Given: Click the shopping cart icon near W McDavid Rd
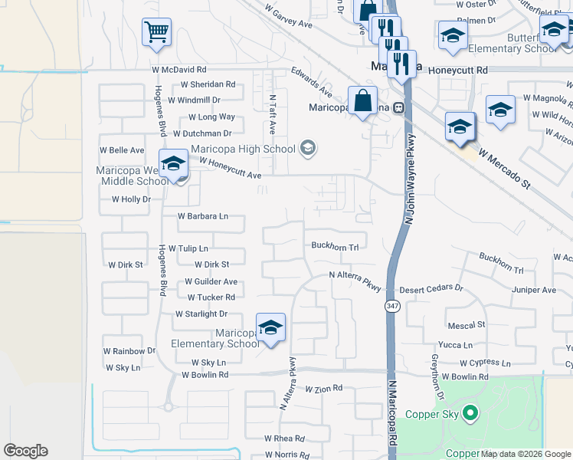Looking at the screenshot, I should [x=156, y=32].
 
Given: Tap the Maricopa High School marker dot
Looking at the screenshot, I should [x=308, y=148].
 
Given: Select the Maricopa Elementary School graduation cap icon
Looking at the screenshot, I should [x=270, y=327].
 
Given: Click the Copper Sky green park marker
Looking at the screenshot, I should [x=471, y=415].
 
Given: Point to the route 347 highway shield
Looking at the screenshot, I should [x=392, y=306].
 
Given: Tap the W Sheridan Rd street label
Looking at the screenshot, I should [x=208, y=84].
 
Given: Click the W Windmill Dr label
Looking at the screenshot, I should [x=194, y=100].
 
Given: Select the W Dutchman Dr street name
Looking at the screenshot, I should [x=205, y=133].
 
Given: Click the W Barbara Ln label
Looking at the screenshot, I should [x=203, y=216].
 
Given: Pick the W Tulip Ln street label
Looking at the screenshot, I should [x=188, y=248].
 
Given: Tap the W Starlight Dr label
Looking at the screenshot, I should [x=201, y=314].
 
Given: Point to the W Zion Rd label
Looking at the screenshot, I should [x=323, y=389].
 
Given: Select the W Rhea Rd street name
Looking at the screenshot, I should [x=284, y=439].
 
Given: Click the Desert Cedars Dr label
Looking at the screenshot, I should [x=432, y=289].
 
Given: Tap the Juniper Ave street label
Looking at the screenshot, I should [x=534, y=290].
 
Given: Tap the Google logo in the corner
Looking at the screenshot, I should [x=25, y=451].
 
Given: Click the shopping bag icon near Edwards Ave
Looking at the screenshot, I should [x=362, y=100].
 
